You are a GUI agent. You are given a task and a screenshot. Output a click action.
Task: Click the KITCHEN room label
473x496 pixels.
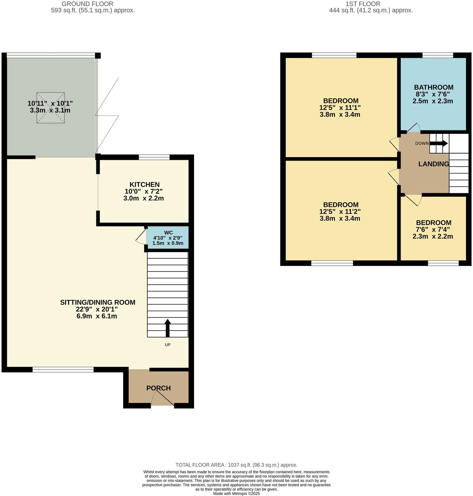[x=144, y=185]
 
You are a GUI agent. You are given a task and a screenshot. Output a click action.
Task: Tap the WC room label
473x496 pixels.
[x=168, y=233]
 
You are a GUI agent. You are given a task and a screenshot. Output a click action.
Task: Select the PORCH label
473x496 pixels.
[x=158, y=388]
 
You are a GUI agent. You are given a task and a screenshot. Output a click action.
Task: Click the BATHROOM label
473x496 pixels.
[x=433, y=87]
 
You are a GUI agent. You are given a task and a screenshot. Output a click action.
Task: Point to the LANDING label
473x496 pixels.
[x=433, y=164]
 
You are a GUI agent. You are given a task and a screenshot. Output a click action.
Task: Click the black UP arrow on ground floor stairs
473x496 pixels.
[x=168, y=328]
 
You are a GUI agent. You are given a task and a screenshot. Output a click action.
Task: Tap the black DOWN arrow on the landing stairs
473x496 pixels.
[x=439, y=143]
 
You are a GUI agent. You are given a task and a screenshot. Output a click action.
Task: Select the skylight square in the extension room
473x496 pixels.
[x=51, y=107]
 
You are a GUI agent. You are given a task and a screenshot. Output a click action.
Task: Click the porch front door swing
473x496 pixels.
[x=162, y=400]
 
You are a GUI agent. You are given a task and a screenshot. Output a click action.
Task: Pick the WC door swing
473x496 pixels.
[x=141, y=237]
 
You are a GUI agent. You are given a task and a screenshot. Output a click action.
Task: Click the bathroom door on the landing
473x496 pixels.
[x=413, y=128]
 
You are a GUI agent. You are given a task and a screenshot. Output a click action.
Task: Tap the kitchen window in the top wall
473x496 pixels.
[x=154, y=157]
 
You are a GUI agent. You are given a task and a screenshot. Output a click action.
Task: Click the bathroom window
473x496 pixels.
[x=438, y=55]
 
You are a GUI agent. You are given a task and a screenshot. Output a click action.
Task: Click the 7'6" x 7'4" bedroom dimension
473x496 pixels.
[x=433, y=229]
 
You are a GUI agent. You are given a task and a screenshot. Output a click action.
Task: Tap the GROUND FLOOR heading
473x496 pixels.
[x=87, y=4]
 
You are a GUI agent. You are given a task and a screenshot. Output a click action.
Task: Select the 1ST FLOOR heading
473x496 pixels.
[x=363, y=4]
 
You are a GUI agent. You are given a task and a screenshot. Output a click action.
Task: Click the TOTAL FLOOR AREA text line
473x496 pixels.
[x=236, y=465]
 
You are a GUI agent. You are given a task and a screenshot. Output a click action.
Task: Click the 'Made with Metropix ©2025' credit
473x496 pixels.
[x=236, y=494]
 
